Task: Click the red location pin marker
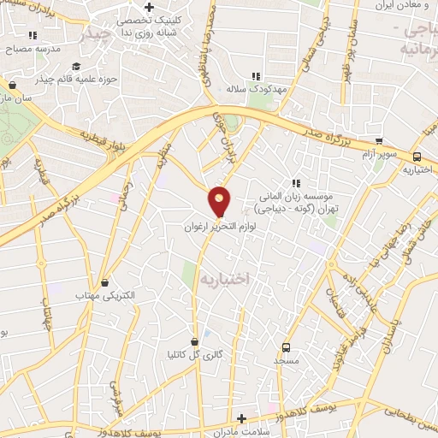tap(220, 202)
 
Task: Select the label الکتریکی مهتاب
tap(105, 295)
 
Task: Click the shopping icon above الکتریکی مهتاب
tap(105, 282)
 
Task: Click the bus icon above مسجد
tap(286, 347)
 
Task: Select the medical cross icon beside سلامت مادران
tap(242, 419)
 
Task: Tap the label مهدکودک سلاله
tap(255, 88)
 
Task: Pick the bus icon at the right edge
tap(417, 157)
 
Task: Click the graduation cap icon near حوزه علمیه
tap(76, 68)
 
